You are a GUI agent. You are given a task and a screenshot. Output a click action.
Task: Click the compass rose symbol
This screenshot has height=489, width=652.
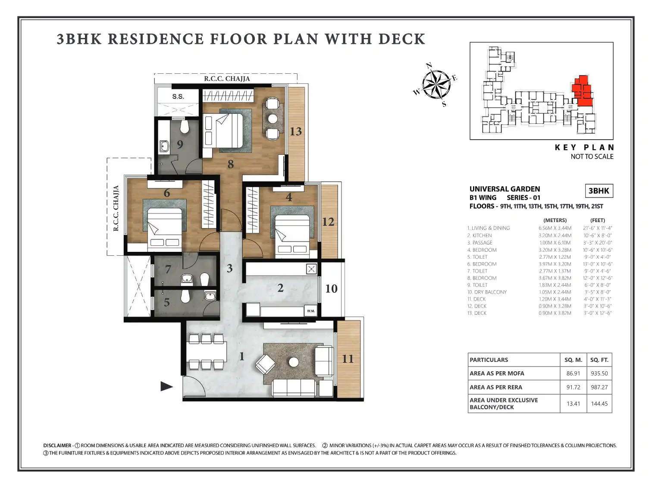coord(436,85)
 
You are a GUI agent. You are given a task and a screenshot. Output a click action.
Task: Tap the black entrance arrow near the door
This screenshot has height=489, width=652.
coord(166,386)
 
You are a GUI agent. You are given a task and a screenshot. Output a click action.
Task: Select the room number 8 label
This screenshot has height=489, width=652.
coord(231,164)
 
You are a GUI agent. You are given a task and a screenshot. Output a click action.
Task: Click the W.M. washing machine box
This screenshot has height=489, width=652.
coord(311,311)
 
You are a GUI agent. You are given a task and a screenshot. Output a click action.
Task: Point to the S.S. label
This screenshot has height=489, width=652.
coord(178,97)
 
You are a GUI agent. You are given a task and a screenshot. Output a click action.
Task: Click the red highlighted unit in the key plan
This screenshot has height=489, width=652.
coord(582,91)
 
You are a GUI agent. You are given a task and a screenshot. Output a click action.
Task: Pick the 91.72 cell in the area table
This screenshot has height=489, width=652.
coord(573,387)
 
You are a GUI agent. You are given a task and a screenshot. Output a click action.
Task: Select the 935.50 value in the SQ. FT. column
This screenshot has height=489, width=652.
coord(599,373)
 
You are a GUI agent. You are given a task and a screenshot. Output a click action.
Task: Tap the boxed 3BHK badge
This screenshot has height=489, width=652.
coord(599,191)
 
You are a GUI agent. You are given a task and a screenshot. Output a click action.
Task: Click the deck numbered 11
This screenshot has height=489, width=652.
coord(348,359)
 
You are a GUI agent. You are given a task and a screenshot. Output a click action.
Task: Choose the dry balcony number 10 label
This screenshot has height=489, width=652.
coord(331,288)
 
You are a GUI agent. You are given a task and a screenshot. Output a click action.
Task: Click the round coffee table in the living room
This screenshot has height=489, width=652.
coord(294,362)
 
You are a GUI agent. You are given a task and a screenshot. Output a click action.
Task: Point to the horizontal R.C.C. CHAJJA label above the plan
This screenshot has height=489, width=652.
coord(227,78)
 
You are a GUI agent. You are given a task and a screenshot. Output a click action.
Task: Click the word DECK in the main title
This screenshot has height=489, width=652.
coord(401,39)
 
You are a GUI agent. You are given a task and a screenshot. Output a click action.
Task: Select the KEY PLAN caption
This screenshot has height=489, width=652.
coord(584,147)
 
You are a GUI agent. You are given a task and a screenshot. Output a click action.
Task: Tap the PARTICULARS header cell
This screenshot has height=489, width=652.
coord(489,360)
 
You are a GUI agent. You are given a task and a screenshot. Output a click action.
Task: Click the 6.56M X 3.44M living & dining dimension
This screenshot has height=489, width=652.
coord(555,228)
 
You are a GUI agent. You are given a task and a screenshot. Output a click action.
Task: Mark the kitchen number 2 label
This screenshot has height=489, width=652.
coord(280,288)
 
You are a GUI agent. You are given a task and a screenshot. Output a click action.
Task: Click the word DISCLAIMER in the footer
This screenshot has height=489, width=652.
coord(57,445)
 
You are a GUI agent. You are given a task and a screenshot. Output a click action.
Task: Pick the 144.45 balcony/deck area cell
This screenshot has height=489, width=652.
coord(599,404)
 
